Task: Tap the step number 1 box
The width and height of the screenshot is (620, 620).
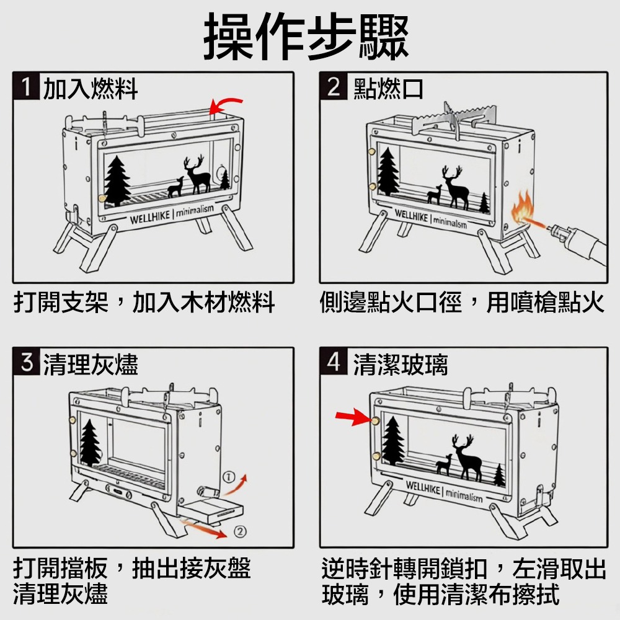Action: click(26, 88)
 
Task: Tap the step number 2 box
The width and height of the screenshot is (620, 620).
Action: click(334, 88)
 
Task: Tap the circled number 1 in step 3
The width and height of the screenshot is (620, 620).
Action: click(229, 476)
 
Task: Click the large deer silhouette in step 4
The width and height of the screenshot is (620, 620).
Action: click(466, 458)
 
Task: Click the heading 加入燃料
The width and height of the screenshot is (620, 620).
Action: click(91, 89)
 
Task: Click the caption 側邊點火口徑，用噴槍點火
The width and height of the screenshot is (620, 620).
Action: click(461, 303)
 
